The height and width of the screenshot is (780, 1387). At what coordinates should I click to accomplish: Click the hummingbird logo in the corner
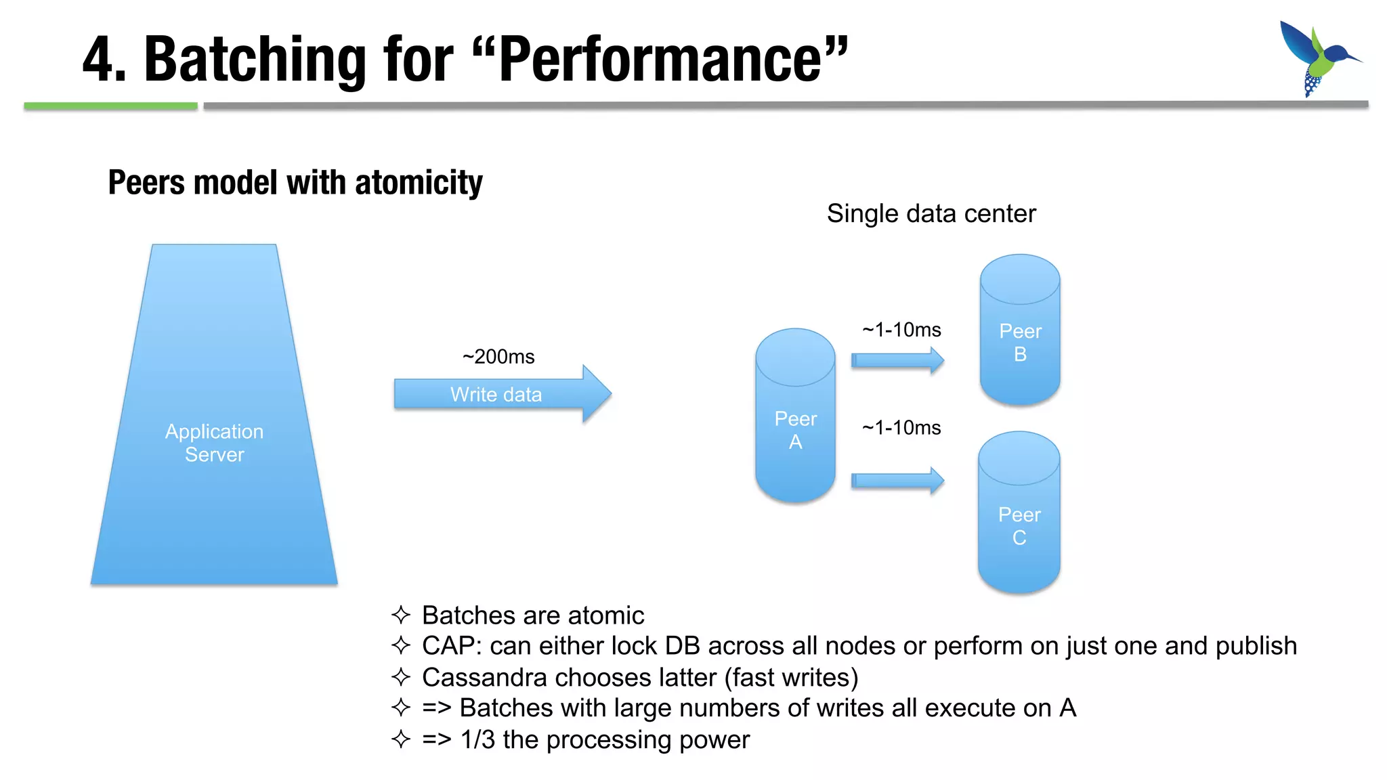click(x=1317, y=58)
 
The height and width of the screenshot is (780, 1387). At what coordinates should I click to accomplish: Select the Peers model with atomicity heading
click(x=295, y=183)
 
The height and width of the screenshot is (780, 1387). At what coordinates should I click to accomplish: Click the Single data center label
click(x=931, y=214)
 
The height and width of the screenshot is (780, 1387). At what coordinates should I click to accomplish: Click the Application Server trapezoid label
click(x=214, y=443)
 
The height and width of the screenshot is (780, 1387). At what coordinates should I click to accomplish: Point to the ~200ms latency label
click(x=498, y=357)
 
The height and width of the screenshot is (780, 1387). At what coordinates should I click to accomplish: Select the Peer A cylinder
click(x=795, y=427)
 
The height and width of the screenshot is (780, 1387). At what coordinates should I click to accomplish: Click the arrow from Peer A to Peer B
click(x=897, y=360)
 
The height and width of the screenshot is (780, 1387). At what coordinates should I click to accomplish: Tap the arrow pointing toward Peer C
click(x=897, y=481)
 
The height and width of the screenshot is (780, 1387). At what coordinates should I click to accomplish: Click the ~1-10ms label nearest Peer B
click(x=901, y=330)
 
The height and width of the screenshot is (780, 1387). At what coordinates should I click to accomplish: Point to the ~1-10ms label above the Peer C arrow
click(x=901, y=428)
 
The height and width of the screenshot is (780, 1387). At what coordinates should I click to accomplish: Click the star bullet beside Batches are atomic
click(x=401, y=615)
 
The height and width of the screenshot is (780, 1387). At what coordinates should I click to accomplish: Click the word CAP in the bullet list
click(x=448, y=646)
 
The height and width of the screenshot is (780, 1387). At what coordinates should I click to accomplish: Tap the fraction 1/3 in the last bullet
click(x=477, y=740)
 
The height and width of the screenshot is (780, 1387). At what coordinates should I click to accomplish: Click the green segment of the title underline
click(x=110, y=106)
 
